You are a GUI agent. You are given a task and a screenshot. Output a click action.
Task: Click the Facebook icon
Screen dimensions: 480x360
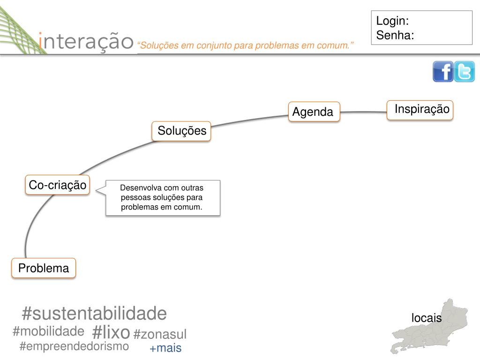pyautogui.click(x=442, y=72)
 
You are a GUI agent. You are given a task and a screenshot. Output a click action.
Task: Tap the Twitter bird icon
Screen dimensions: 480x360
pyautogui.click(x=465, y=72)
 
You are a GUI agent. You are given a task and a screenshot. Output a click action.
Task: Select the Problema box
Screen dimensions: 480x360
pyautogui.click(x=44, y=268)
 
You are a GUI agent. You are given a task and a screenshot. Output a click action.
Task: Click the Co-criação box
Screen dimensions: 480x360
pyautogui.click(x=58, y=185)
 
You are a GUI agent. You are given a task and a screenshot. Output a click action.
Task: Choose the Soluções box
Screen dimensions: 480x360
pyautogui.click(x=182, y=131)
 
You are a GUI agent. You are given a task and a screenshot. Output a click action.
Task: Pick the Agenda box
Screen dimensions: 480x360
pyautogui.click(x=314, y=112)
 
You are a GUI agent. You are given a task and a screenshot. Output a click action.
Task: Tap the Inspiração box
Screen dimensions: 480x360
pyautogui.click(x=420, y=110)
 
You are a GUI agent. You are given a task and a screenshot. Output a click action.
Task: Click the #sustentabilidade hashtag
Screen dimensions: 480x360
pyautogui.click(x=94, y=313)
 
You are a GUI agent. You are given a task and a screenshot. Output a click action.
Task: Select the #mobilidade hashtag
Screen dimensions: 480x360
pyautogui.click(x=48, y=331)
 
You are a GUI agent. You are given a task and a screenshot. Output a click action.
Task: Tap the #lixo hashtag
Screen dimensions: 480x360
pyautogui.click(x=111, y=332)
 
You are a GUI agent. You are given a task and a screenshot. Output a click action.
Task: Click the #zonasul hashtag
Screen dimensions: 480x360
pyautogui.click(x=160, y=334)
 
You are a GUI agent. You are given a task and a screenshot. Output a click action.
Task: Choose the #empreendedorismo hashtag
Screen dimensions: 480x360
pyautogui.click(x=74, y=346)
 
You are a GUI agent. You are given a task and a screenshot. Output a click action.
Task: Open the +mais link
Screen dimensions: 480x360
pyautogui.click(x=165, y=348)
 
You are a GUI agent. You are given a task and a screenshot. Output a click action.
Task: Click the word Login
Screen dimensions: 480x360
pyautogui.click(x=392, y=21)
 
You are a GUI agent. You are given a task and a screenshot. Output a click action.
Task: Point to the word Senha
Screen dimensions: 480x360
pyautogui.click(x=395, y=35)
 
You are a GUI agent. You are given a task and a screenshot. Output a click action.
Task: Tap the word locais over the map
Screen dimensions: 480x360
pyautogui.click(x=427, y=318)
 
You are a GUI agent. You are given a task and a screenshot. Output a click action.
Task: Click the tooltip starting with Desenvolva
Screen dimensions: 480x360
pyautogui.click(x=162, y=197)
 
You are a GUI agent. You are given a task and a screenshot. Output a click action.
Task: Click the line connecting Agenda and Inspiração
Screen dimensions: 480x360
pyautogui.click(x=363, y=112)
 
